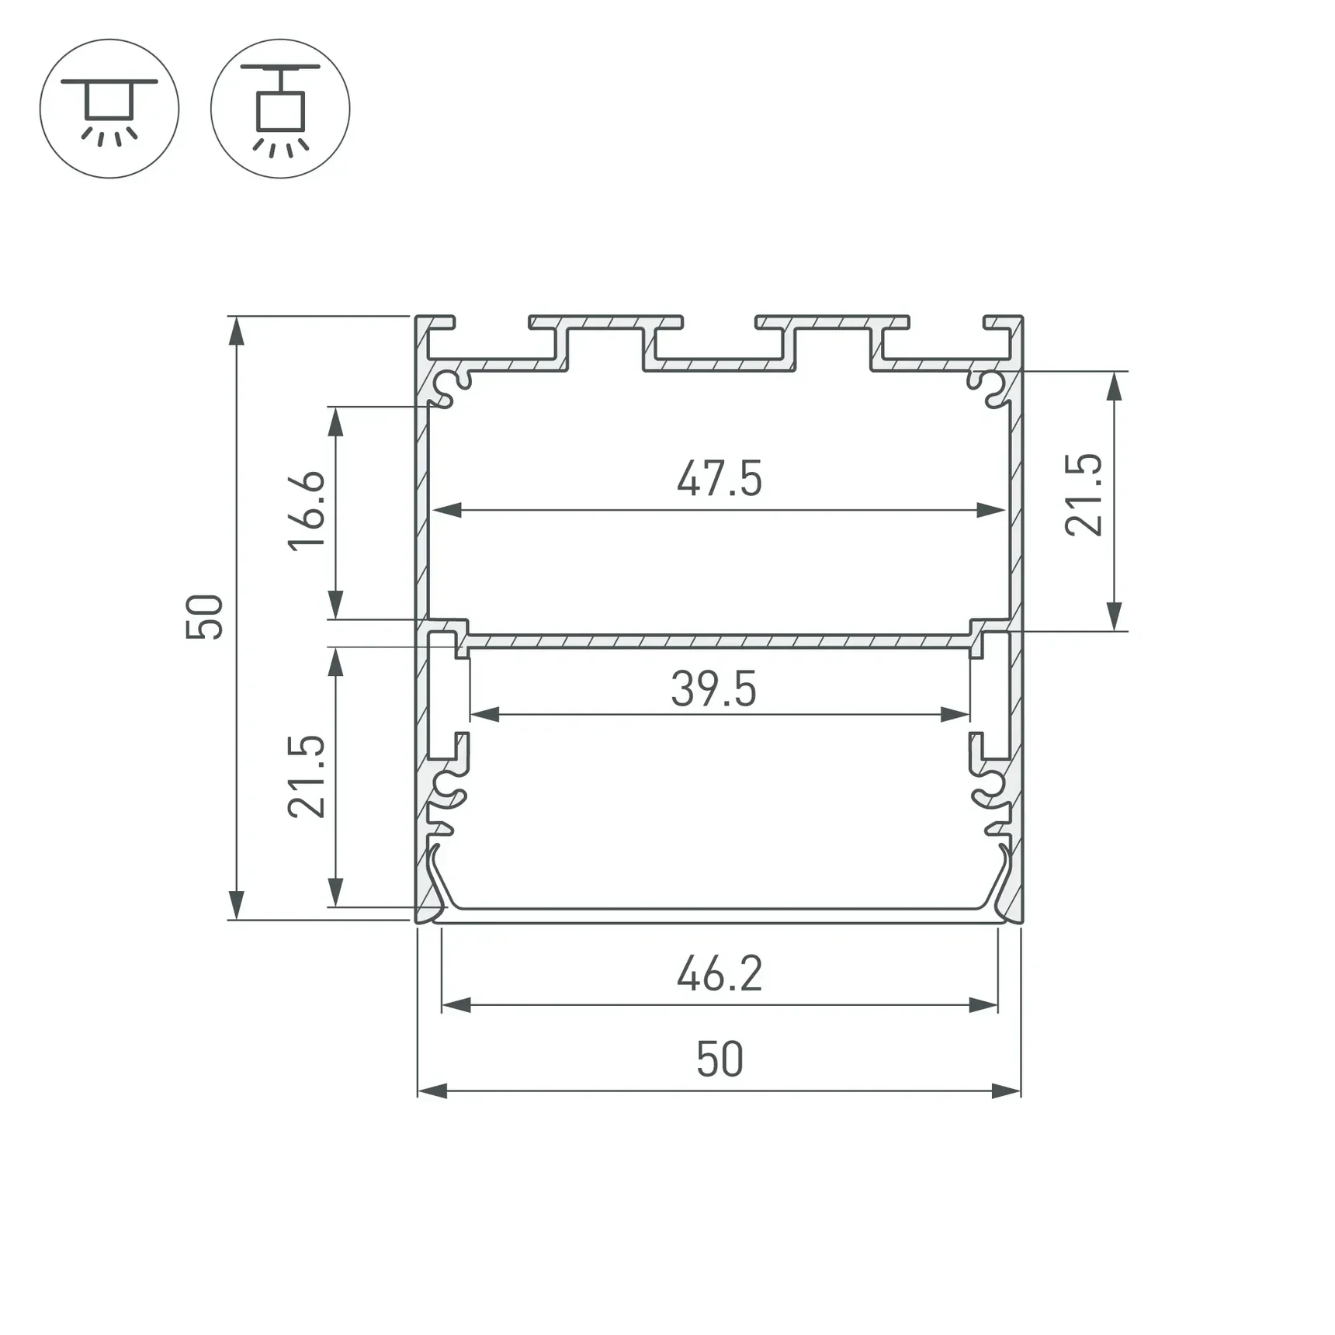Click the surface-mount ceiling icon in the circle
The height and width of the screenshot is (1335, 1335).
[x=109, y=109]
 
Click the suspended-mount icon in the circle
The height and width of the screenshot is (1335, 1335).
[x=280, y=109]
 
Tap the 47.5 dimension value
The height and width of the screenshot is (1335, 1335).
[x=719, y=479]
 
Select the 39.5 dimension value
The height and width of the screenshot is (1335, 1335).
[x=713, y=689]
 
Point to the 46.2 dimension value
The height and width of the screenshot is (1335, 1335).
[x=720, y=974]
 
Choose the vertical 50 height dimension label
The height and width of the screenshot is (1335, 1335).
[x=205, y=617]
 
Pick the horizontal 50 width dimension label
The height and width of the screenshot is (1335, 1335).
[x=720, y=1060]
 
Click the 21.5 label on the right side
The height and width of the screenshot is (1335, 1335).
[x=1084, y=494]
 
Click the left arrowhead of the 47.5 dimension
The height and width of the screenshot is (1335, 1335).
[x=447, y=510]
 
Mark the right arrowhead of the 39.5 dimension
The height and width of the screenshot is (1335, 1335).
[x=955, y=714]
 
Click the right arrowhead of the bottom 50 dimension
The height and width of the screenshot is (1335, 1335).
[x=1006, y=1091]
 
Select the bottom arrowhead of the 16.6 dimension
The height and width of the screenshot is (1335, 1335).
[x=335, y=604]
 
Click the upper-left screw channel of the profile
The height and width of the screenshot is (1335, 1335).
[x=449, y=386]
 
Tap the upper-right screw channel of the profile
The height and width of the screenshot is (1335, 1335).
[x=989, y=386]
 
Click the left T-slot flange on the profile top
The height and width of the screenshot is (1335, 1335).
[x=605, y=322]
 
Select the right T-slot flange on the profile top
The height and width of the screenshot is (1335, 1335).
[x=832, y=322]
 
